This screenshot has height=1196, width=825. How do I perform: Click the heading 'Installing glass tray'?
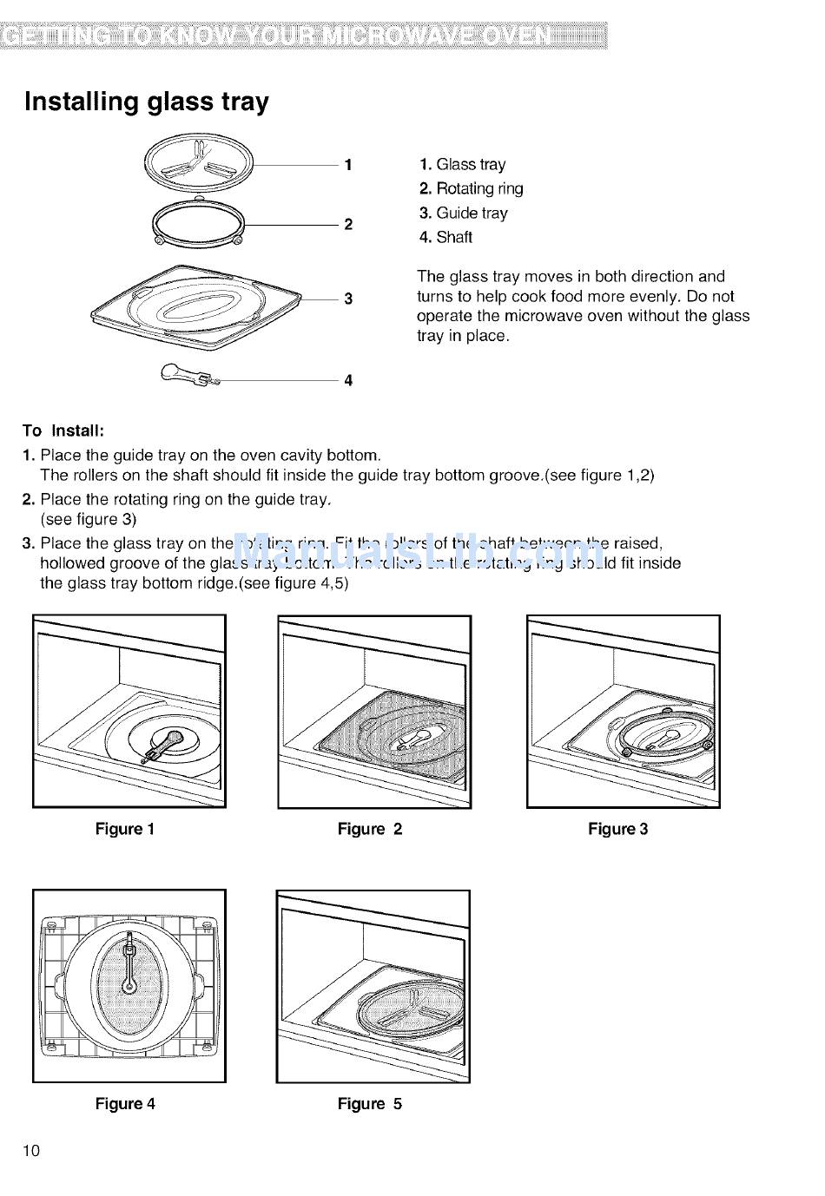(147, 102)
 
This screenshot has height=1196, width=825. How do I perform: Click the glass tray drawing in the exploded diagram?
(198, 163)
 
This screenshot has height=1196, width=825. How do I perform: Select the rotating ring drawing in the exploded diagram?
(200, 223)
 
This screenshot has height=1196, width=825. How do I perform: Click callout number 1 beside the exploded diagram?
(348, 165)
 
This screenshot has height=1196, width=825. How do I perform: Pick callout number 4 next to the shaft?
(348, 380)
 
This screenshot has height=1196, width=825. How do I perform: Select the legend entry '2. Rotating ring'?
(471, 189)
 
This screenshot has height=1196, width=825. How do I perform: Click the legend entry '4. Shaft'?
(445, 238)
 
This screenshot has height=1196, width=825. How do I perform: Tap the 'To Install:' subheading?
(63, 431)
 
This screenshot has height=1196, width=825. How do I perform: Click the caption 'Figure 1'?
(125, 830)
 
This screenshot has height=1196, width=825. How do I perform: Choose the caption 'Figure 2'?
(370, 830)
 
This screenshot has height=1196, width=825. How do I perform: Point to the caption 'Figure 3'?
(618, 830)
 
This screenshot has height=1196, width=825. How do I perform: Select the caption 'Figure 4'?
(125, 1104)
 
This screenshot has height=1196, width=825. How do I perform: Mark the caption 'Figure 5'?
(370, 1104)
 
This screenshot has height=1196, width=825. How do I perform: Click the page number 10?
(31, 1152)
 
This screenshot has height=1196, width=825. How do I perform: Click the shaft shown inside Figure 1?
(162, 746)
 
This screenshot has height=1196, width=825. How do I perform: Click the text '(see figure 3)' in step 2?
(89, 520)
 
